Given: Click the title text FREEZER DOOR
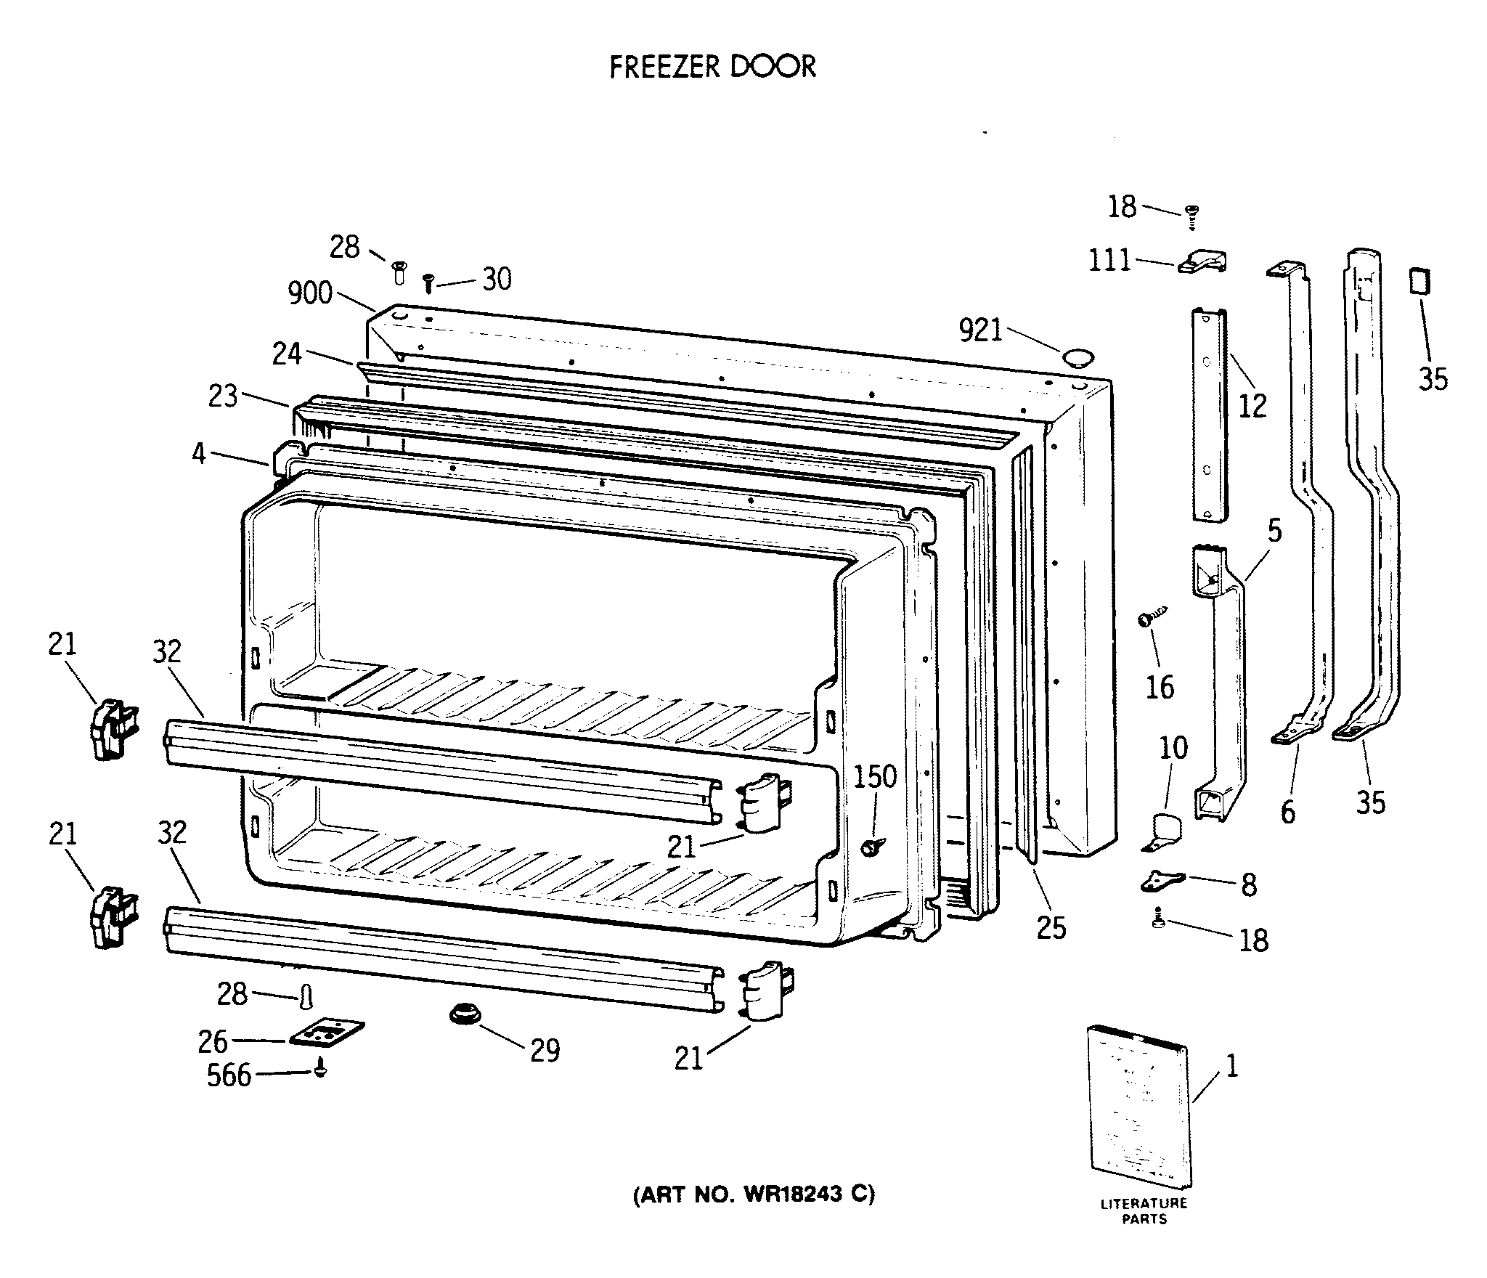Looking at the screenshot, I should [712, 67].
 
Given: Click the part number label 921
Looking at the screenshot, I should [980, 331].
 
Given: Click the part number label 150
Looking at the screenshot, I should [874, 777].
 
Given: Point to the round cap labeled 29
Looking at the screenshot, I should [462, 1013].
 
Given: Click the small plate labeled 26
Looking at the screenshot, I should [327, 1032].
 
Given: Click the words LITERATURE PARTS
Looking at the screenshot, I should [1144, 1210].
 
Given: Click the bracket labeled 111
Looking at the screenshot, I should [1202, 262].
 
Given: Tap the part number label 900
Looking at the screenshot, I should [310, 293].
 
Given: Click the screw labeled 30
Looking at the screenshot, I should [428, 282].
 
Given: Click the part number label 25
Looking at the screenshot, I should [1051, 927].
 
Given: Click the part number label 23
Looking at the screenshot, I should [223, 396].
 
